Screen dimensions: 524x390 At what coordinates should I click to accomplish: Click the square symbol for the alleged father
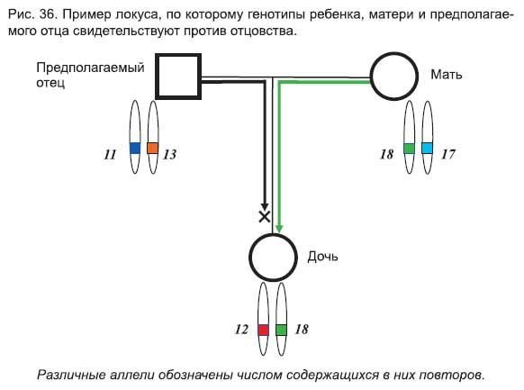(157, 77)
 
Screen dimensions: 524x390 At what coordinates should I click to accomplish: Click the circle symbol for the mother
(372, 77)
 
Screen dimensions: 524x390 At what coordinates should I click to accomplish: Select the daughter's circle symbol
(250, 258)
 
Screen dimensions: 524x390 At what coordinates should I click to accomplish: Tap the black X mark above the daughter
(265, 217)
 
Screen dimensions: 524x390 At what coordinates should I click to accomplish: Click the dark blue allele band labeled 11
(135, 148)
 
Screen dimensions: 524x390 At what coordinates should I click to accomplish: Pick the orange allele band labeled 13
(153, 148)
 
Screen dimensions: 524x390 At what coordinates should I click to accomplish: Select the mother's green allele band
(409, 148)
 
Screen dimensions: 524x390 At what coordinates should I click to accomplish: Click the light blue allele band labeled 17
(427, 148)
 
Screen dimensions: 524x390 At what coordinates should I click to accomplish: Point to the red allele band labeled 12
(263, 330)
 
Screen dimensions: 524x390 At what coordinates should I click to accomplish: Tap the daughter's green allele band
(282, 330)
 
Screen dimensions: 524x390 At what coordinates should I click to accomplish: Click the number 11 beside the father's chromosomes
(110, 154)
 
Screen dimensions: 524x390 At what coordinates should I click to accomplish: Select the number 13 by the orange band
(170, 154)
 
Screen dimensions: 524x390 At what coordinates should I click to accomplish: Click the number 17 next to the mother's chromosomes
(448, 154)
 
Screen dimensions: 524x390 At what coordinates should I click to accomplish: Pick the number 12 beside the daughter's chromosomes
(241, 330)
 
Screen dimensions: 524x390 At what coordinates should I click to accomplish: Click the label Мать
(447, 75)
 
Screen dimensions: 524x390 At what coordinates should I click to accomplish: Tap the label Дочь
(322, 257)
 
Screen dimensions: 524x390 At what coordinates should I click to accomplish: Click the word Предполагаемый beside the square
(90, 68)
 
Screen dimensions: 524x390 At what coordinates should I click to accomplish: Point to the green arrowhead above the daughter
(279, 228)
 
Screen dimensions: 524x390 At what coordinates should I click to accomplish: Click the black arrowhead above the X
(265, 207)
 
